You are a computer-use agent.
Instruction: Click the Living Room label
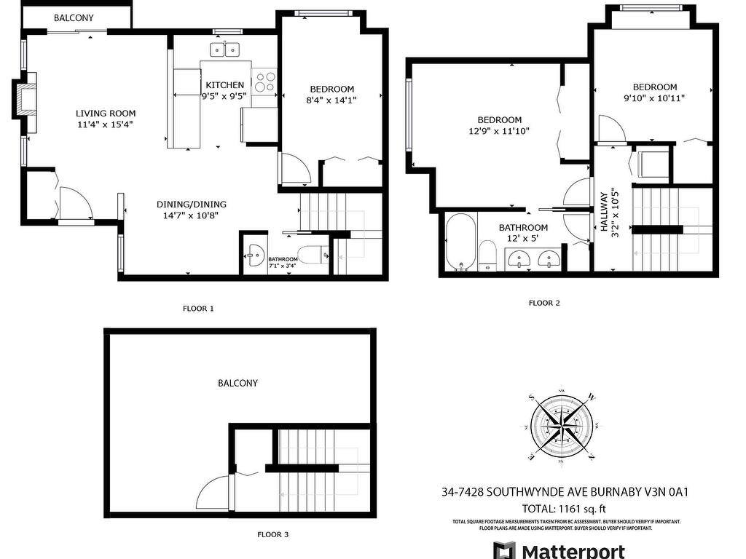[x=106, y=113]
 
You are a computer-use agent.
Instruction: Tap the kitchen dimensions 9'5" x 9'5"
[x=225, y=95]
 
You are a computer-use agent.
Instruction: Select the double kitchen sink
[x=224, y=49]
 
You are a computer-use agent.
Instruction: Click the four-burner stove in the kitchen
[x=264, y=82]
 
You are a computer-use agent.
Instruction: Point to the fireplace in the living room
[x=25, y=100]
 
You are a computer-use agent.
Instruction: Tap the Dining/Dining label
[x=192, y=205]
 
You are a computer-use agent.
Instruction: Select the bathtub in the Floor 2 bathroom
[x=461, y=243]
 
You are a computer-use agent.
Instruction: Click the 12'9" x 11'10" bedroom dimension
[x=500, y=131]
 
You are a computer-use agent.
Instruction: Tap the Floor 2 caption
[x=544, y=303]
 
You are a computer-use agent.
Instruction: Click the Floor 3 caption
[x=273, y=534]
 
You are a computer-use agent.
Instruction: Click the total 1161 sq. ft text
[x=565, y=509]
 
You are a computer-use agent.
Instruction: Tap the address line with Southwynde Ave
[x=565, y=492]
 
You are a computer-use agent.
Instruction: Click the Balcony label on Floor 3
[x=238, y=383]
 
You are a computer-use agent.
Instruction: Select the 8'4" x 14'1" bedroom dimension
[x=332, y=100]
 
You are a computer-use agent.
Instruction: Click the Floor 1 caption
[x=198, y=309]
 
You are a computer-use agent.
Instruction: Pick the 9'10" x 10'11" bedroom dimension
[x=655, y=98]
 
